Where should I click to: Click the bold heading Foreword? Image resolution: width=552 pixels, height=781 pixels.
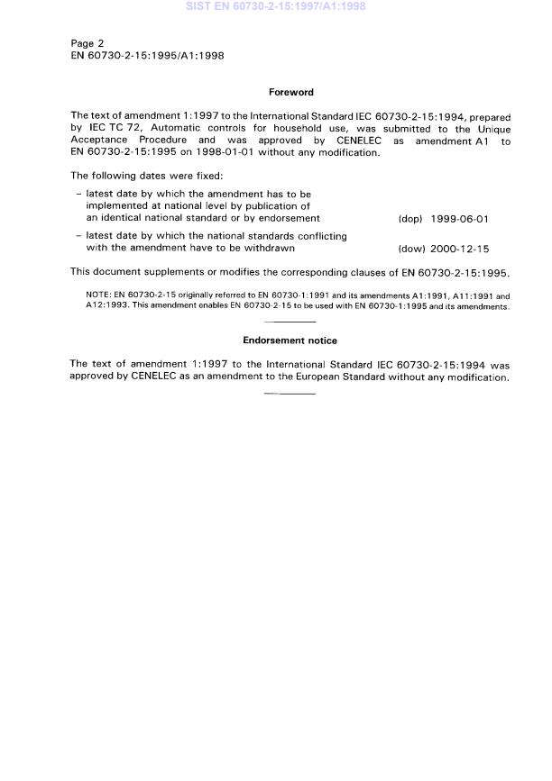290,91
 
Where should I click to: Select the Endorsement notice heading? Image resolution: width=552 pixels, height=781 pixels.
290,341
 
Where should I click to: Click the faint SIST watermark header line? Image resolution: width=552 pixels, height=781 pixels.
275,7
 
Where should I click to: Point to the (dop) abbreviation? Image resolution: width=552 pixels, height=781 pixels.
409,218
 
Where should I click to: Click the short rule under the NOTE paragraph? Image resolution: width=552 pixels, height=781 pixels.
290,322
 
